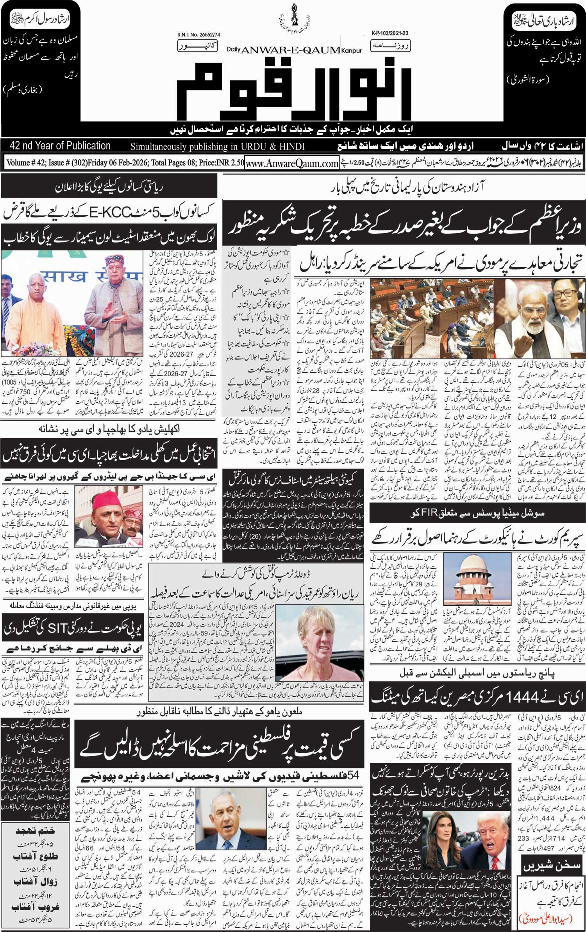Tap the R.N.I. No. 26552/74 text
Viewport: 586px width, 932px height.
pos(198,35)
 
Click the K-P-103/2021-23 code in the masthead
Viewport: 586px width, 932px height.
pos(387,34)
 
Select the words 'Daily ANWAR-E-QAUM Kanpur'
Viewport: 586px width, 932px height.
pos(294,50)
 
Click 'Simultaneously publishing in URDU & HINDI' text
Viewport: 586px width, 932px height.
pos(217,146)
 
